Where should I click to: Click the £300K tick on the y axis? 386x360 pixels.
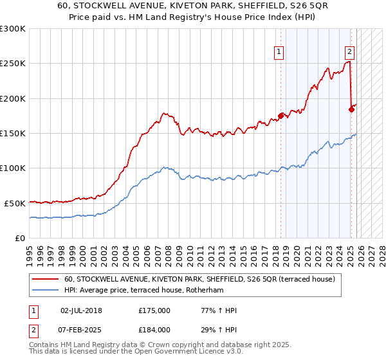[13, 29]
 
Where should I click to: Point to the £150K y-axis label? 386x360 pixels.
[13, 133]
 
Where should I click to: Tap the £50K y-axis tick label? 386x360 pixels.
[15, 203]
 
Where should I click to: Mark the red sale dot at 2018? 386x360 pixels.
[280, 116]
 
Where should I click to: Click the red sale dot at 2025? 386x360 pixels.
[351, 109]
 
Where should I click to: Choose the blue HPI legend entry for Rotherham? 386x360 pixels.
[152, 291]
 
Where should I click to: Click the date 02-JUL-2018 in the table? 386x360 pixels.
[81, 310]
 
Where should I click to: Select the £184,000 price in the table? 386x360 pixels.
[154, 329]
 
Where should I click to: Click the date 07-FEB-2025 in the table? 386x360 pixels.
[81, 329]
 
